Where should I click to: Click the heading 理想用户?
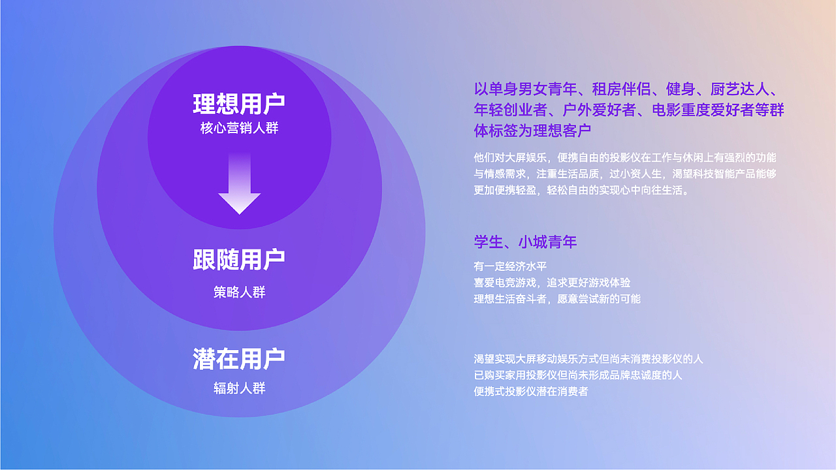pos(239,104)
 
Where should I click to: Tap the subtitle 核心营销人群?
pos(239,129)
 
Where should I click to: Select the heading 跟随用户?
pos(239,260)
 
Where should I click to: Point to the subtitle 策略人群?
pos(239,292)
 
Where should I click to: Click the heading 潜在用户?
pos(239,359)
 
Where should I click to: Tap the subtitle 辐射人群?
pos(239,388)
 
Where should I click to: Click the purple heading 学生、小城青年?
pos(525,242)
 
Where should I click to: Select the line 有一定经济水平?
pos(510,266)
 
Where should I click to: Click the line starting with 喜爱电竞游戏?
pos(552,283)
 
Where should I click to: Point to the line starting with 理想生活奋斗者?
pos(557,299)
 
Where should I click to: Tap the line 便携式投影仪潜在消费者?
pos(531,392)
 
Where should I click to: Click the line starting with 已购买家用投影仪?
pos(578,375)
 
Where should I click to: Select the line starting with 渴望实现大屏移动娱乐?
pos(588,359)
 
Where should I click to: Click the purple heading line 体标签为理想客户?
pos(532,131)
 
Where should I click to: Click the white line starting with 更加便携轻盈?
pos(582,191)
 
